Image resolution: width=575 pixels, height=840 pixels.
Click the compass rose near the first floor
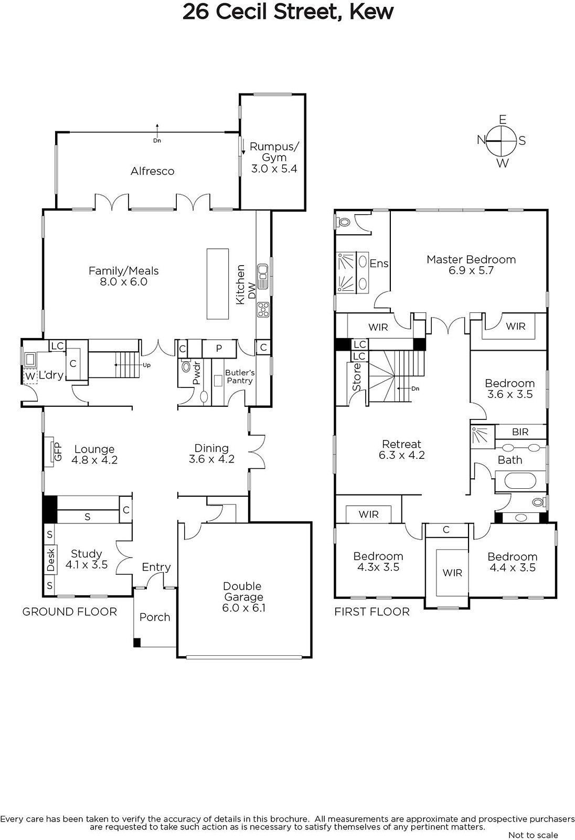click(501, 141)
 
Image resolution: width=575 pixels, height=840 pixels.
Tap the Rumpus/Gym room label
click(274, 152)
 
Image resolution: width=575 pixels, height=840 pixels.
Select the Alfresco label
click(152, 171)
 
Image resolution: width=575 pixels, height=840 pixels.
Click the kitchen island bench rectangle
click(218, 283)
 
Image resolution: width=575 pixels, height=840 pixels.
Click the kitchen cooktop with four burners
click(263, 310)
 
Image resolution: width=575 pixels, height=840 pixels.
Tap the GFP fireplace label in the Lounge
click(58, 452)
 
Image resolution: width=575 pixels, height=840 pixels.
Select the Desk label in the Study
click(51, 560)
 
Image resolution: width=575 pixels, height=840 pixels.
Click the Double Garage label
click(242, 591)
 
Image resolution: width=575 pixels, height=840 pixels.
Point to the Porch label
click(154, 617)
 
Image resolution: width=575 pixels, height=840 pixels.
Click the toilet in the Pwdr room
click(186, 365)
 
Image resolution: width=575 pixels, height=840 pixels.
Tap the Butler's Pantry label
click(240, 376)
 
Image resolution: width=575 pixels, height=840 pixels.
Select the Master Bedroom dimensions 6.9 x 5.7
click(471, 270)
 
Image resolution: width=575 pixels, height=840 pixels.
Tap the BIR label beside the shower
click(520, 432)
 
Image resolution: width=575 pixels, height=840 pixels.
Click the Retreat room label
click(401, 444)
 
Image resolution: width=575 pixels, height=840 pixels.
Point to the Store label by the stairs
click(357, 377)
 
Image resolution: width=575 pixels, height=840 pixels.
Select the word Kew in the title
click(371, 12)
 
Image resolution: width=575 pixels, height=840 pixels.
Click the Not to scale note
click(533, 835)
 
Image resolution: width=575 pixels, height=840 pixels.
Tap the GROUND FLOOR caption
click(70, 612)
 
